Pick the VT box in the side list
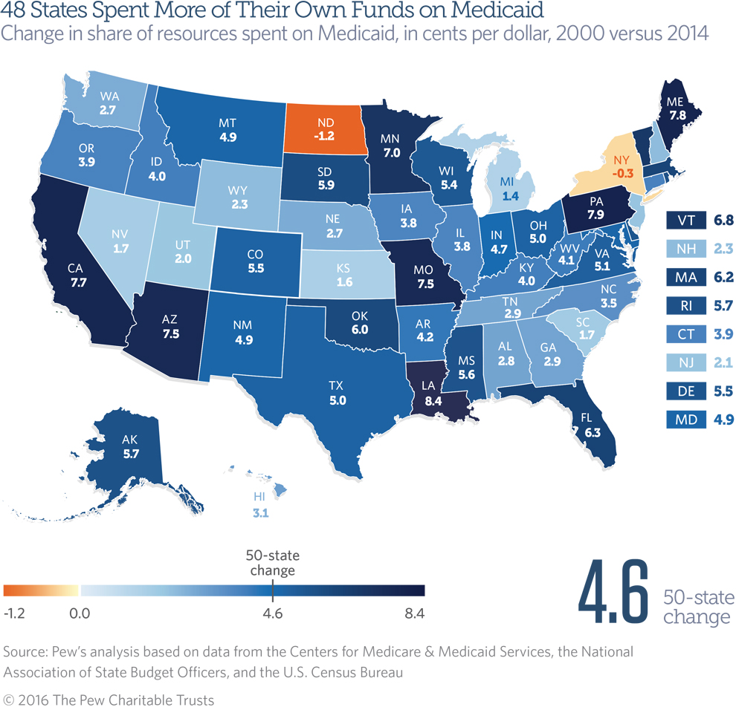[x=685, y=221]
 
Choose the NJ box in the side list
[x=685, y=363]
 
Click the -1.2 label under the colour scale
[x=16, y=613]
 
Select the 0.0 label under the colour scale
[x=80, y=613]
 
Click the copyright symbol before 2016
[x=9, y=700]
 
